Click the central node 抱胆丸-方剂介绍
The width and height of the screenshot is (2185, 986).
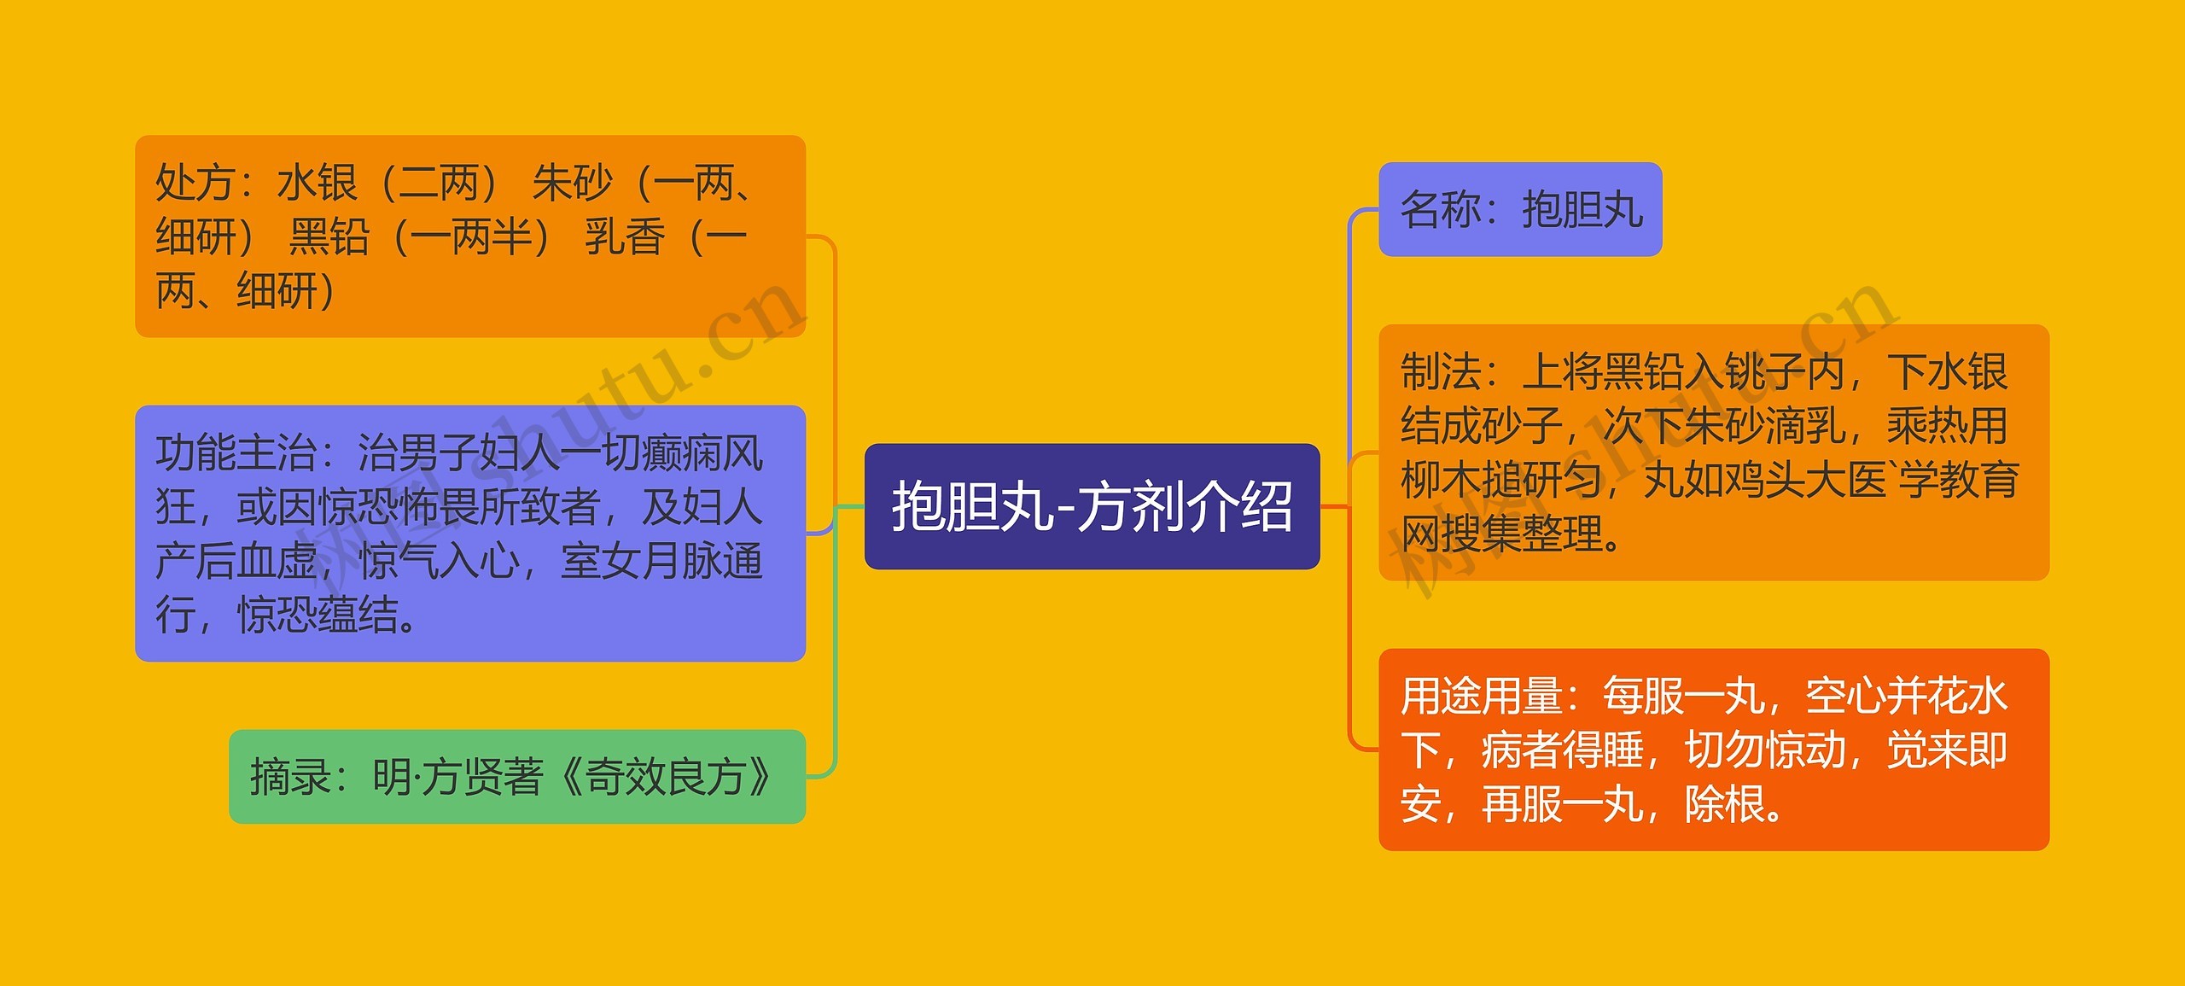(1092, 505)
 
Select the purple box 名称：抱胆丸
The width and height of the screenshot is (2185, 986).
(1520, 209)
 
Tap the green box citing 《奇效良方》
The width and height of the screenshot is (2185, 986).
(517, 776)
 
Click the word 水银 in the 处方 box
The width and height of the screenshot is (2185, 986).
(317, 183)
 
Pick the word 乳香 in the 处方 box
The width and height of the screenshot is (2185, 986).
(624, 236)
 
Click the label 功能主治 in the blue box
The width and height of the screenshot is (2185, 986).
(236, 452)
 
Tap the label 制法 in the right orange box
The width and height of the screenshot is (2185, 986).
(1440, 371)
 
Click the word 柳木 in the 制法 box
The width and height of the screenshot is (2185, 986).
(1440, 480)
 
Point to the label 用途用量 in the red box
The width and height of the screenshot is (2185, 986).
(1481, 696)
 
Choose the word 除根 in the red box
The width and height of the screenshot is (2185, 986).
(1724, 804)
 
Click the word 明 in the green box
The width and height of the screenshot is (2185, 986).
(392, 777)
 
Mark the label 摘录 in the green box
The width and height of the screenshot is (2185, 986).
(290, 777)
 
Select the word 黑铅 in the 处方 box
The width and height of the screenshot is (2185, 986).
(329, 236)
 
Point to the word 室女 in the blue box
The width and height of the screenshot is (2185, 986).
(600, 561)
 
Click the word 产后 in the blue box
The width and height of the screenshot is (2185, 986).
(195, 561)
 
